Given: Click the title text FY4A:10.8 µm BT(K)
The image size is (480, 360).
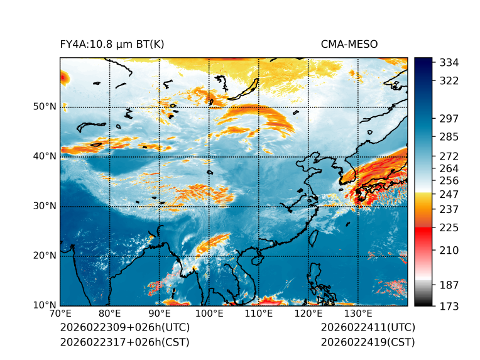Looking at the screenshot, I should tap(112, 44).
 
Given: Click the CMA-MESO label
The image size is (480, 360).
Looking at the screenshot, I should tap(349, 44).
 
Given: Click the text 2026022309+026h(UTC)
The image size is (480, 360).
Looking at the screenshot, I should tap(124, 328).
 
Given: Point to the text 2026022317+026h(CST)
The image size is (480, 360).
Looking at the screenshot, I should tap(124, 342).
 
